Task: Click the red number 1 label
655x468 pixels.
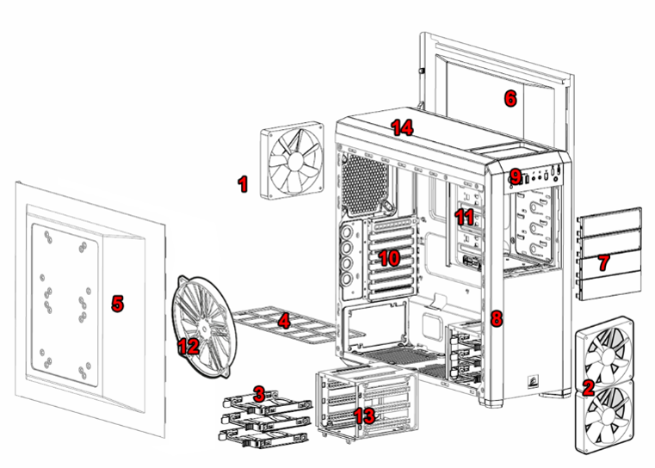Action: click(x=243, y=183)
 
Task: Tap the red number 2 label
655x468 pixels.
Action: click(x=589, y=387)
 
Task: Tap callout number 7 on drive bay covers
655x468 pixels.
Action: click(x=604, y=260)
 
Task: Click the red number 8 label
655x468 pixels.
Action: click(x=496, y=318)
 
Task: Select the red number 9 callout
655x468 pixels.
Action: click(x=516, y=176)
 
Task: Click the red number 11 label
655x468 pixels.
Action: click(x=465, y=217)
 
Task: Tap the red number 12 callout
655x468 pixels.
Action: click(x=188, y=346)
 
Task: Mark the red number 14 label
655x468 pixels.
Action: click(x=402, y=128)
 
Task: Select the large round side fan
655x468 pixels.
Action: click(x=207, y=323)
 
